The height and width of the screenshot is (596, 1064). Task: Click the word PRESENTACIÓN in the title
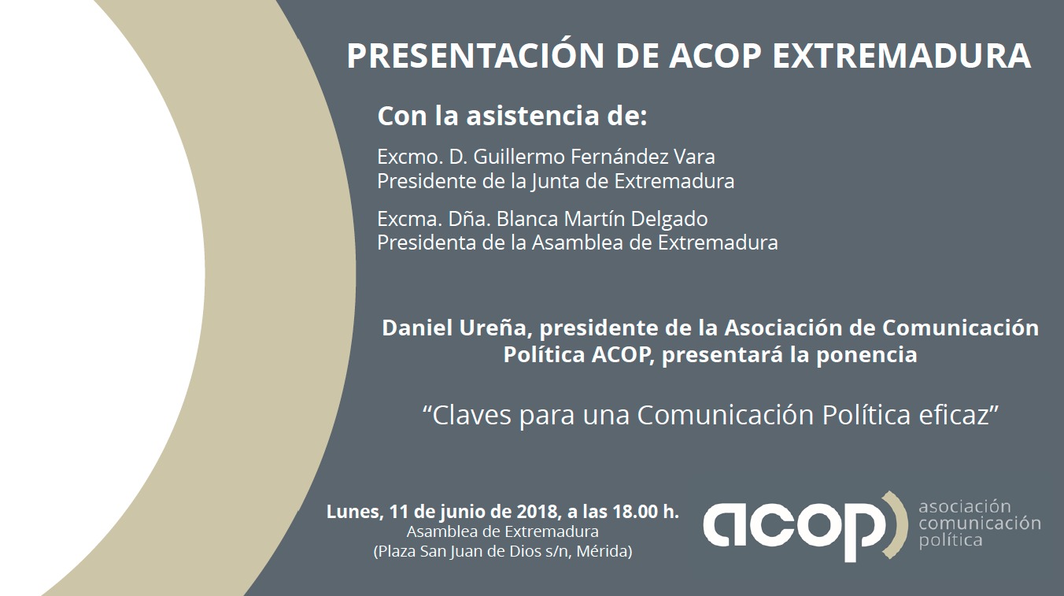click(475, 56)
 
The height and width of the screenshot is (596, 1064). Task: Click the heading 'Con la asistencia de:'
click(512, 116)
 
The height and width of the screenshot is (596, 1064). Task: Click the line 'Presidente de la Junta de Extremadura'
click(556, 181)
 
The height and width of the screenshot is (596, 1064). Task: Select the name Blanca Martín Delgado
click(602, 219)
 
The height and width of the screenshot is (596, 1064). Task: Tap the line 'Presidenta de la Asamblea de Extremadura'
click(578, 242)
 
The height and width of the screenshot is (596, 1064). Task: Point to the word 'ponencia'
click(866, 354)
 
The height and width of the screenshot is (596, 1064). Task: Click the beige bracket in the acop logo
click(896, 525)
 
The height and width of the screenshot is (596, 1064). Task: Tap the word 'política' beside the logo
click(951, 541)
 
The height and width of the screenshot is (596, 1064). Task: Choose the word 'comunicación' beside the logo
click(980, 524)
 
